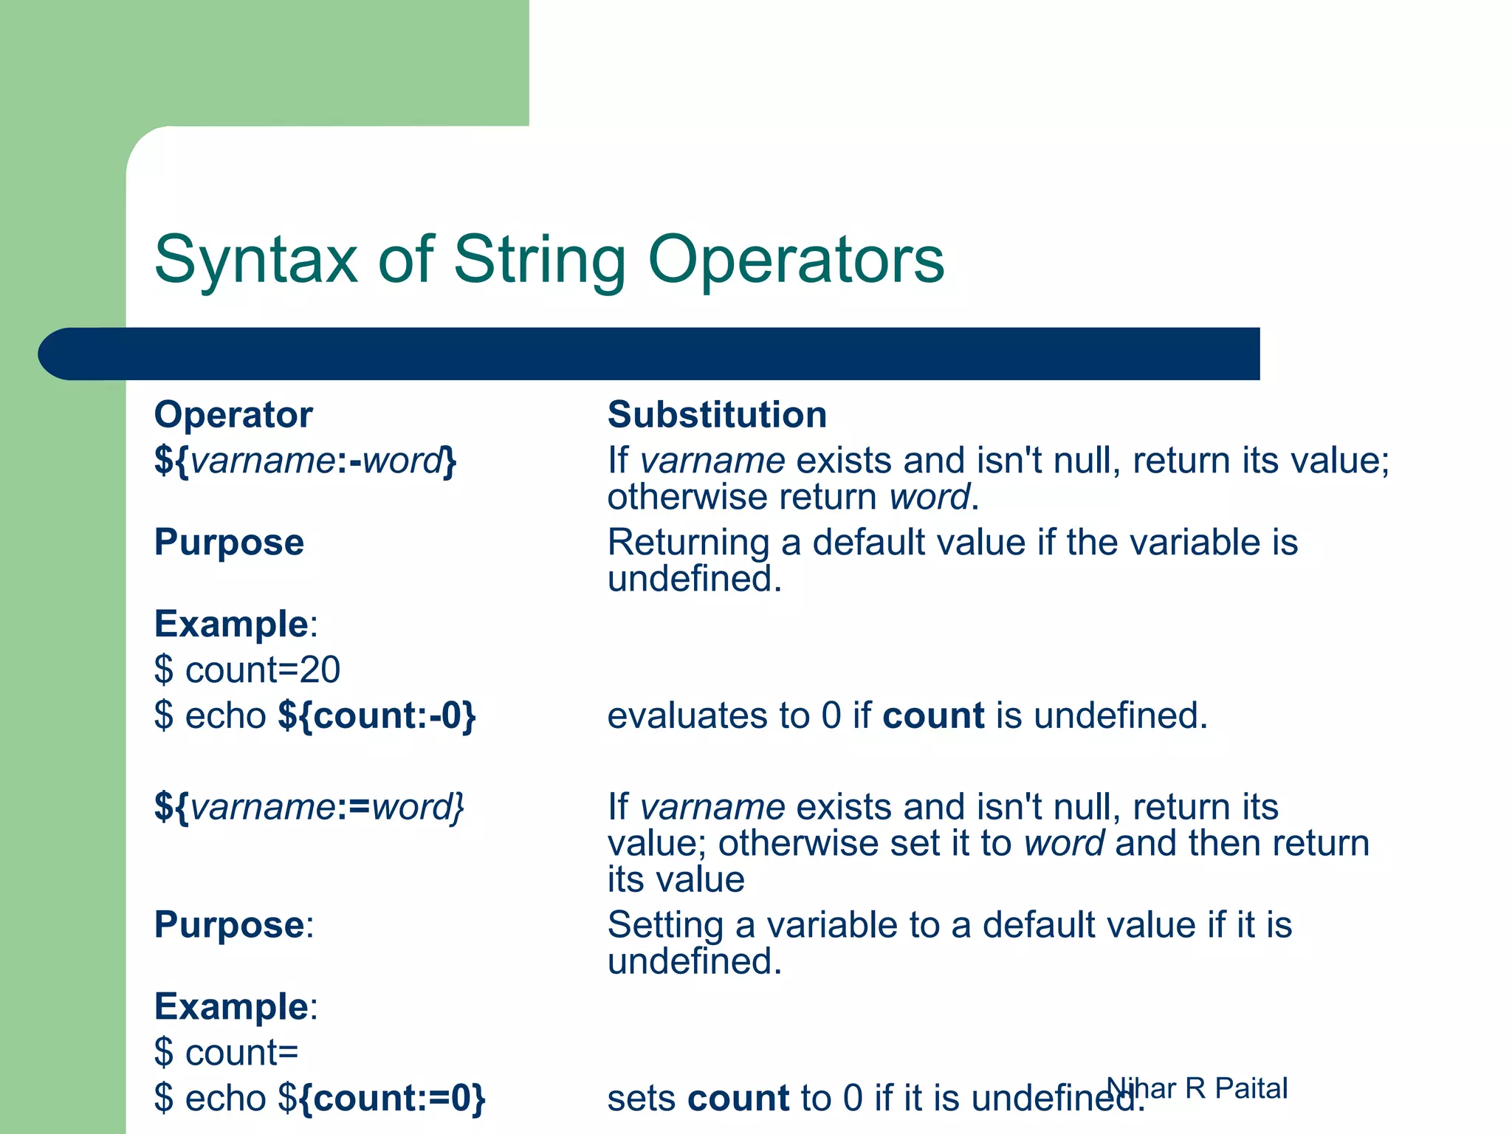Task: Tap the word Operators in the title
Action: [x=796, y=260]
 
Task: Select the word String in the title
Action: [x=539, y=260]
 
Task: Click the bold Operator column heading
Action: [x=233, y=415]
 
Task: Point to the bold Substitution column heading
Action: [x=717, y=415]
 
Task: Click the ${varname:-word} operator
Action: [x=306, y=461]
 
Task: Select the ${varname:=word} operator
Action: [x=309, y=807]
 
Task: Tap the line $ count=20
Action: [x=247, y=670]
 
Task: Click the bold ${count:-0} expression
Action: [x=377, y=716]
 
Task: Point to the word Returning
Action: [x=688, y=543]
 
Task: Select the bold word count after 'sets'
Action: [x=738, y=1099]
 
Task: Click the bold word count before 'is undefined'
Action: [x=933, y=716]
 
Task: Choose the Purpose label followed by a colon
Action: [x=233, y=926]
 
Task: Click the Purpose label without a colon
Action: [x=229, y=543]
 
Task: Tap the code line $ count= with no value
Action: [x=227, y=1053]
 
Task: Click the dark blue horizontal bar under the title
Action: [x=650, y=354]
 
